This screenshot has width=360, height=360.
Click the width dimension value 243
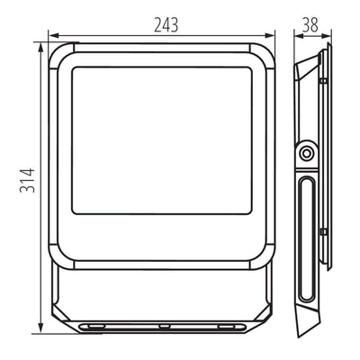click(x=166, y=25)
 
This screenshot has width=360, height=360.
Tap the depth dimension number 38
click(x=310, y=25)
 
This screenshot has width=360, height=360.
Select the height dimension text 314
click(x=27, y=180)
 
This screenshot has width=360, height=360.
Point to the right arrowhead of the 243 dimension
click(x=270, y=36)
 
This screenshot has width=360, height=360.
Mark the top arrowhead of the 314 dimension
click(x=40, y=47)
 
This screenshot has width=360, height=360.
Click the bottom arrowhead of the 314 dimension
click(x=40, y=328)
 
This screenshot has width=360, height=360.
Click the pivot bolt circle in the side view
click(x=306, y=154)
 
